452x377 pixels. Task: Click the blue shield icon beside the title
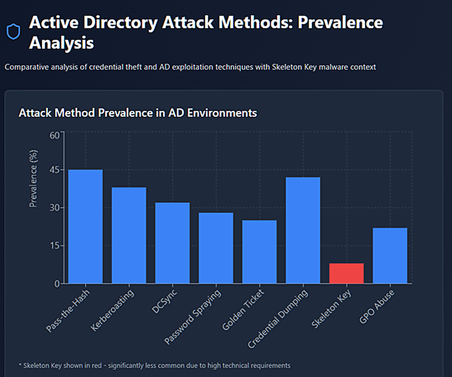point(13,31)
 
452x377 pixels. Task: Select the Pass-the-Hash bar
point(86,226)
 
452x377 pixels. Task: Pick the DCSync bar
point(172,243)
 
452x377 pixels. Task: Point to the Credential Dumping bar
point(303,230)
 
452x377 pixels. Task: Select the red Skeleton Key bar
point(347,273)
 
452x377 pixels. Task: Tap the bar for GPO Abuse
point(390,256)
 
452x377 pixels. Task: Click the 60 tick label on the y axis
point(54,135)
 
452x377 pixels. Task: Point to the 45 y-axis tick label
point(54,170)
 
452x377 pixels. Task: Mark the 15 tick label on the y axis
point(55,246)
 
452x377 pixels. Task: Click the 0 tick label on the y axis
point(57,284)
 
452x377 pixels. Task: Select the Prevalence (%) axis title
point(33,179)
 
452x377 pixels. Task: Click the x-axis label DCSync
point(165,302)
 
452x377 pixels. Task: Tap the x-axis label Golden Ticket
point(243,310)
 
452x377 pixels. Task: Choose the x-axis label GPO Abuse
point(377,307)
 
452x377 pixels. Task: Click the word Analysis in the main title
point(62,43)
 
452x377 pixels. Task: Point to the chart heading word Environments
point(222,113)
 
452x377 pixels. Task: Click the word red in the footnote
point(97,366)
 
